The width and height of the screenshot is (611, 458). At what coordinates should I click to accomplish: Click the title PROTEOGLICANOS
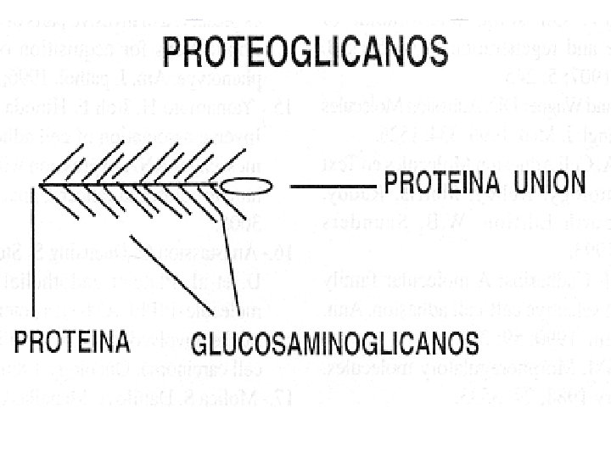[x=305, y=53]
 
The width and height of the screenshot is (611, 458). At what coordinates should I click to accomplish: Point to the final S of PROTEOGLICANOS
[x=436, y=53]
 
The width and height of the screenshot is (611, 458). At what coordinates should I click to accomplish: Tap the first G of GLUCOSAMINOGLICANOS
[x=200, y=343]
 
